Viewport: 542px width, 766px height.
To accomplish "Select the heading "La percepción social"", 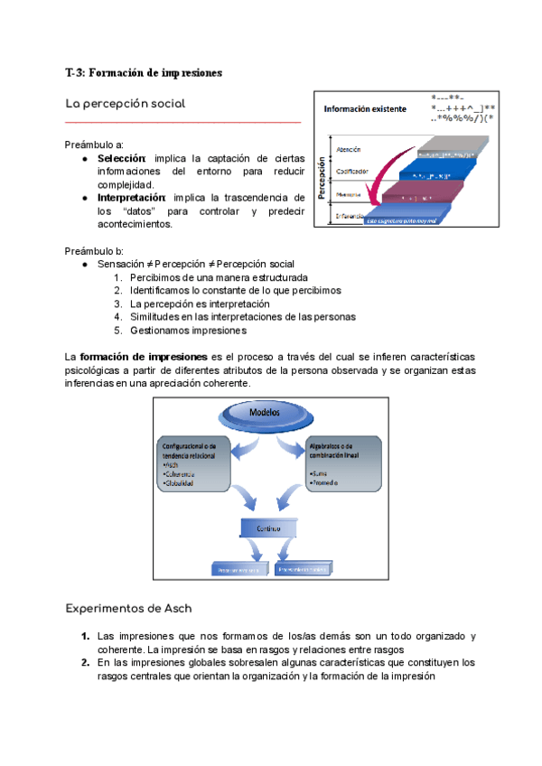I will point(126,104).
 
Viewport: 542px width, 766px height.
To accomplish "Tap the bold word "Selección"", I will point(121,158).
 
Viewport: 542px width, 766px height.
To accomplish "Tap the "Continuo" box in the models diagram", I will point(263,528).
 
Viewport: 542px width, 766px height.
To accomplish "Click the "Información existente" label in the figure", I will point(365,109).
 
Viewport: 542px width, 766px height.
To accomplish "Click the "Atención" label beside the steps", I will point(348,149).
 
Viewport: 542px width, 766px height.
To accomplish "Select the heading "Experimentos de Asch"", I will point(129,608).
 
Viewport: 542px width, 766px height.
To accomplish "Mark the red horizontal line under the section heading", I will point(182,121).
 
